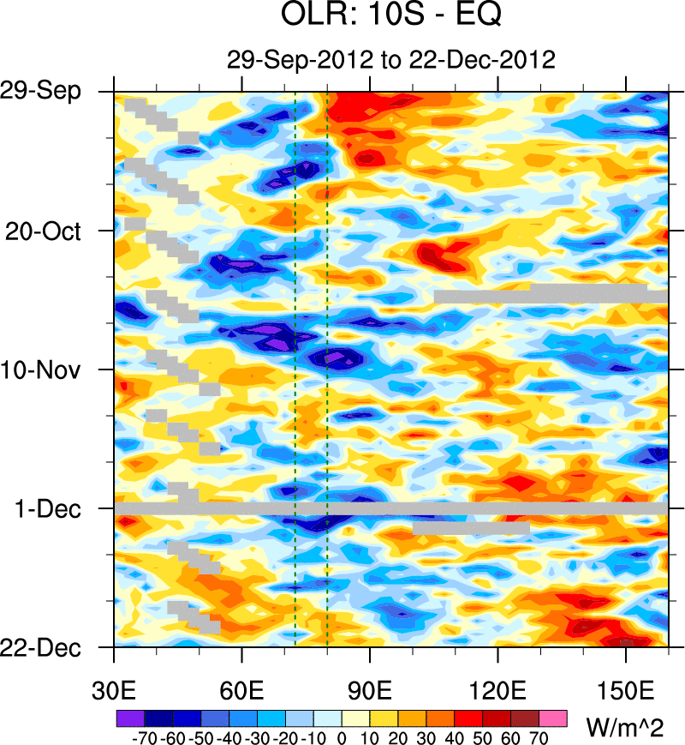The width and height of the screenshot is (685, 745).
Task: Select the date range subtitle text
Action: click(x=391, y=59)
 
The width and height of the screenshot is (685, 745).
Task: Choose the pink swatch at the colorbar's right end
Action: click(x=554, y=716)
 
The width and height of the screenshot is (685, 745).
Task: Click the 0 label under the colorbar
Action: click(x=342, y=736)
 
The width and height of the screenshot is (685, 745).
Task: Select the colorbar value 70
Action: click(x=539, y=736)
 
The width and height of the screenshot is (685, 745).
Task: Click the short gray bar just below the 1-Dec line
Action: click(x=471, y=528)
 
